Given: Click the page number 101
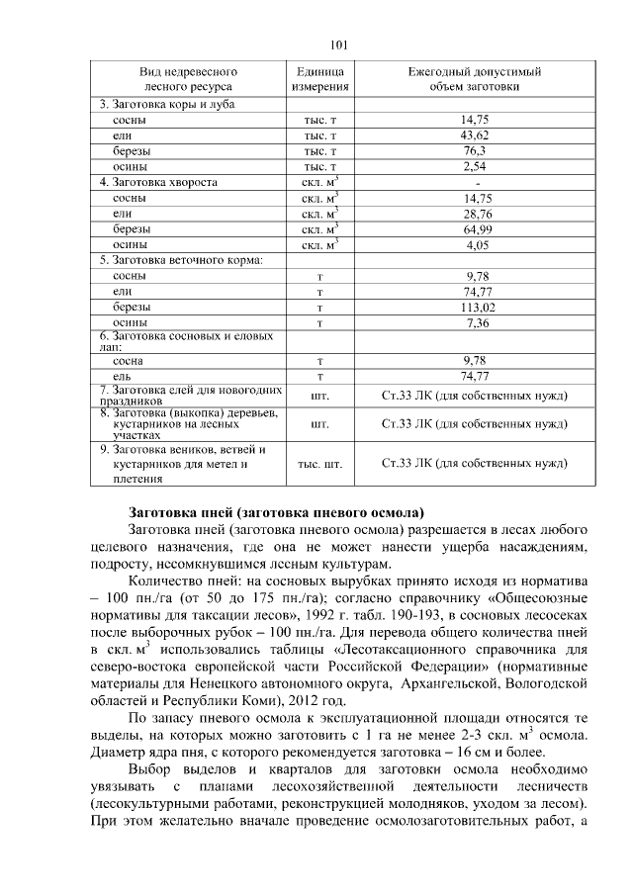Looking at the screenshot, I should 339,45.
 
